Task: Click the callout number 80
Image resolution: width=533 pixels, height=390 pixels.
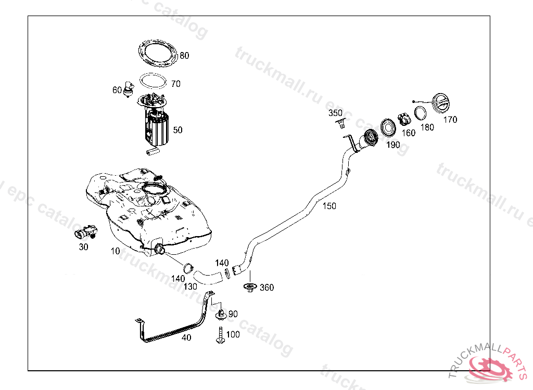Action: point(184,56)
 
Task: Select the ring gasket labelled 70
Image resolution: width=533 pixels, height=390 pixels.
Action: point(153,82)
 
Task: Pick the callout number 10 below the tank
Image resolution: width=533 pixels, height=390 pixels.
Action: point(115,251)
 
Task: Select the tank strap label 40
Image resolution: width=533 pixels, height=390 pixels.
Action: point(186,337)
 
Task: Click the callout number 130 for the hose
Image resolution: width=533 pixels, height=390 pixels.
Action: point(191,287)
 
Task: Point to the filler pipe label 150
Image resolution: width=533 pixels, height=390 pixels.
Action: point(329,206)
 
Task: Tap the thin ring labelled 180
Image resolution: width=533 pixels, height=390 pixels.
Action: point(421,113)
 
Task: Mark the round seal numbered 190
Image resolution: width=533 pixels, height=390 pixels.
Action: point(388,128)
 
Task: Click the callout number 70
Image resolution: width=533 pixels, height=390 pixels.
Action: point(175,83)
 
